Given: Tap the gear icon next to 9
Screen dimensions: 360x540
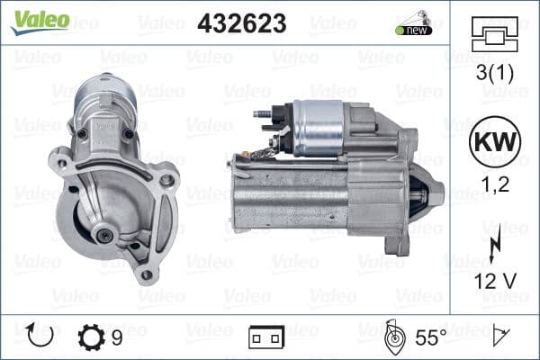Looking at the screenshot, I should point(92,337).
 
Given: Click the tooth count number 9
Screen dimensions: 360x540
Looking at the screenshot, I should point(117,337).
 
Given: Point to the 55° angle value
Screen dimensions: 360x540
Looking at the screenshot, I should point(432,337).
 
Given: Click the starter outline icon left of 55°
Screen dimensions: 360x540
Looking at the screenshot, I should point(391,337).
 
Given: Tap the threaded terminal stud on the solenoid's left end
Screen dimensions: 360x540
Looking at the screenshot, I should point(263,114).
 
